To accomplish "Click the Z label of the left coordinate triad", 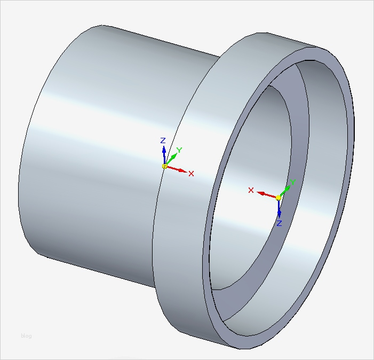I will pos(163,140).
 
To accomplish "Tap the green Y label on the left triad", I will pos(180,150).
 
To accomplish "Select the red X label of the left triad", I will pos(192,174).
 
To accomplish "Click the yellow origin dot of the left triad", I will pos(165,167).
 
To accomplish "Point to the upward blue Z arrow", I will pos(164,154).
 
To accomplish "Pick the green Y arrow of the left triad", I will pos(171,160).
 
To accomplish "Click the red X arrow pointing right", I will pos(177,170).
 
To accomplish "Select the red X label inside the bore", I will pos(251,190).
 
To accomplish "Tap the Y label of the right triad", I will pos(292,183).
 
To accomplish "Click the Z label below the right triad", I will pos(279,223).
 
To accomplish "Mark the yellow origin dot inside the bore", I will pos(278,198).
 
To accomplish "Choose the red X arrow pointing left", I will pos(266,194).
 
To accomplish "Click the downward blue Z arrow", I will pos(278,209).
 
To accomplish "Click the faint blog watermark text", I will pos(26,335).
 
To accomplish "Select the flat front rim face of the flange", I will pos(347,160).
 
